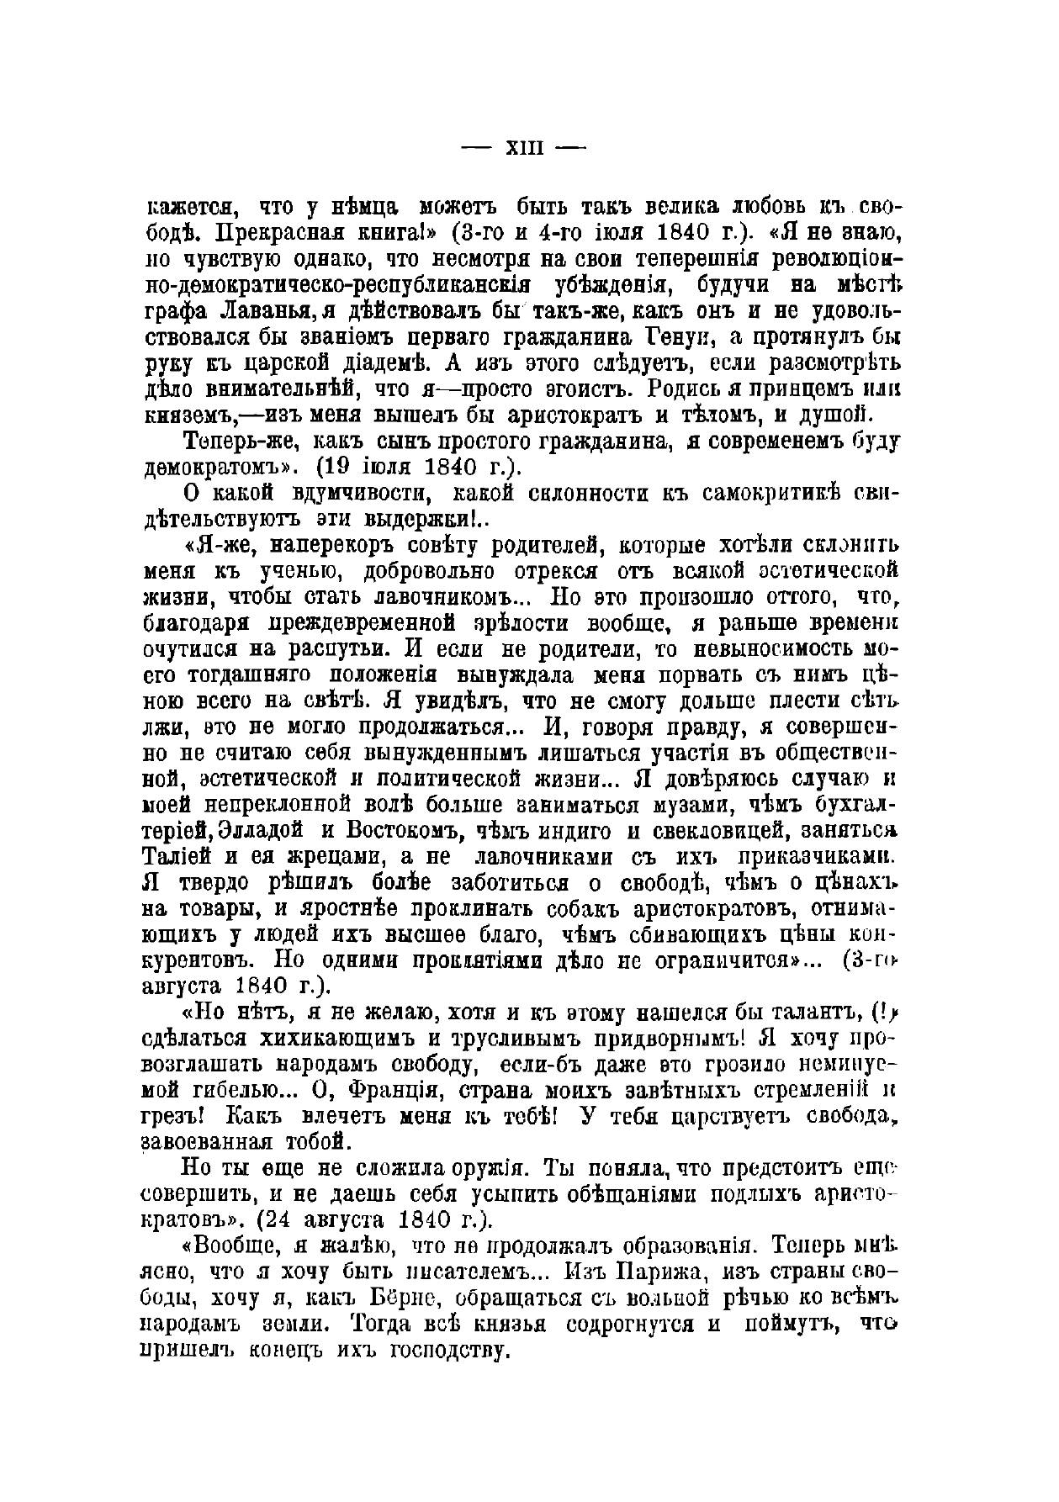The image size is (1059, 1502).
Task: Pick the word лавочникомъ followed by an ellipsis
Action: (x=442, y=596)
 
